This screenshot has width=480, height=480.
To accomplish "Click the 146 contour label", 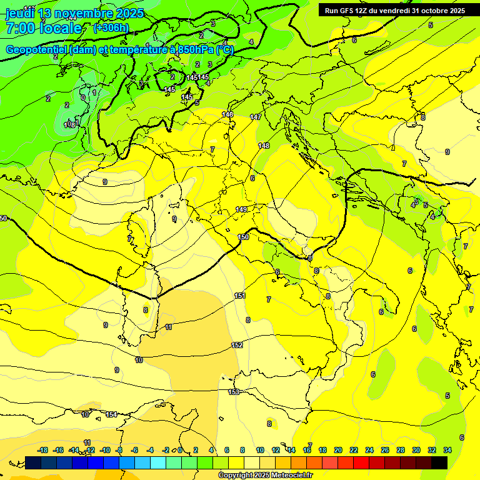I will [x=227, y=114].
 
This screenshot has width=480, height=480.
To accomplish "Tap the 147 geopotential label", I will [x=256, y=117].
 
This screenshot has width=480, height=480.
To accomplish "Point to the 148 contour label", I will [x=264, y=146].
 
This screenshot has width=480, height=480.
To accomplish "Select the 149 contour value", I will [x=242, y=209].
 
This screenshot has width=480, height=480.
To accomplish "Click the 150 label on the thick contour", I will [x=243, y=237].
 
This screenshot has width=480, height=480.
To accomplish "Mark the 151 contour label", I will [x=240, y=296].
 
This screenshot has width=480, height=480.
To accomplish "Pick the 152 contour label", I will [x=237, y=345].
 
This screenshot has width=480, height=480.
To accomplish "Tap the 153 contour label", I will [x=234, y=392].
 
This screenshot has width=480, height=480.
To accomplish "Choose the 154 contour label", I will [x=111, y=414].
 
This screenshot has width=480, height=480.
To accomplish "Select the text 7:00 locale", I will [x=44, y=28].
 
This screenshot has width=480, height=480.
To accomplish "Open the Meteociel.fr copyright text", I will [x=265, y=475].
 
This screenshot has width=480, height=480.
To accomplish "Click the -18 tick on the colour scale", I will [x=43, y=450].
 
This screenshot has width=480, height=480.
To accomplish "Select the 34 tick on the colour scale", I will [x=447, y=450].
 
